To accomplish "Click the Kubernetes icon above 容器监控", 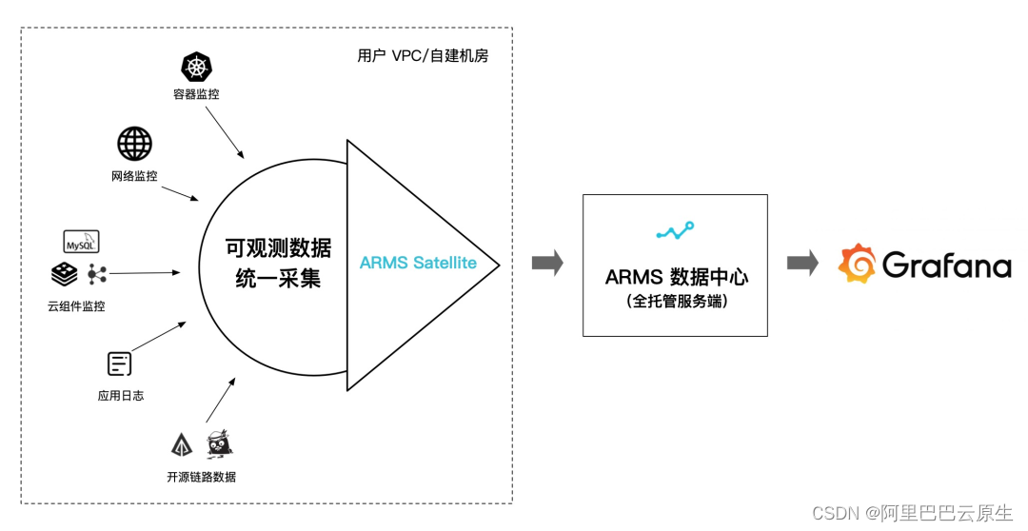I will click(x=196, y=68).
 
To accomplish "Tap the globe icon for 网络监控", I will click(x=134, y=144).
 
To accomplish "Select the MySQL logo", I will click(x=81, y=242).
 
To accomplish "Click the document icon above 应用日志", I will click(x=120, y=364).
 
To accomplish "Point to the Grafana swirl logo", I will click(x=857, y=265).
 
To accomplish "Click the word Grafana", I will click(x=946, y=265).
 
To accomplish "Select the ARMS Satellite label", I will click(x=418, y=263).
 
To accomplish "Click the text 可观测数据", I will click(x=278, y=248).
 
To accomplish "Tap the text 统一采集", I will click(x=278, y=279).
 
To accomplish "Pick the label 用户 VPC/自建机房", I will click(x=423, y=56).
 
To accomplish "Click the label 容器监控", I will click(x=196, y=93).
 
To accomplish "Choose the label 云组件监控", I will click(x=76, y=306).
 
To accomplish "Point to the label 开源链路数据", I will click(x=201, y=477).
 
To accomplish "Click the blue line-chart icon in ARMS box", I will click(x=675, y=230).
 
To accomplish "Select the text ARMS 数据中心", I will click(x=676, y=277).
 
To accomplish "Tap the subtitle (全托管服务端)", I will click(x=675, y=302).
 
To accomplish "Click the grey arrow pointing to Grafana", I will click(x=802, y=265).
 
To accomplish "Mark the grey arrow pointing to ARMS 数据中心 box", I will click(x=547, y=265).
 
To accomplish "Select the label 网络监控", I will click(x=134, y=176).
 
